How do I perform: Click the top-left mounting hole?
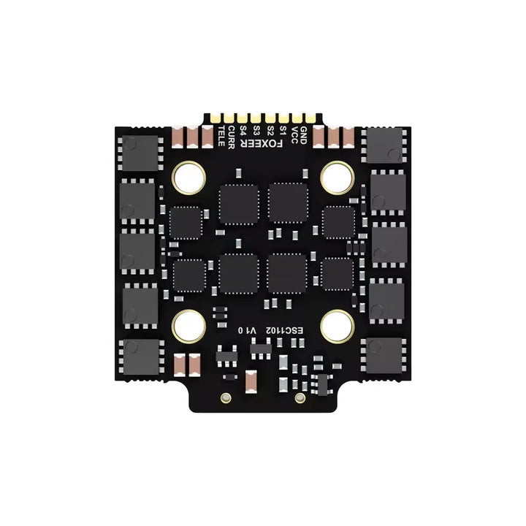click(188, 176)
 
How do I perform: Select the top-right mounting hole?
click(337, 176)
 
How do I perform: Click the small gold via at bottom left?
click(226, 398)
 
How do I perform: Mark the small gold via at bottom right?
click(300, 398)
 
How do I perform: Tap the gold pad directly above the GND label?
click(305, 117)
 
